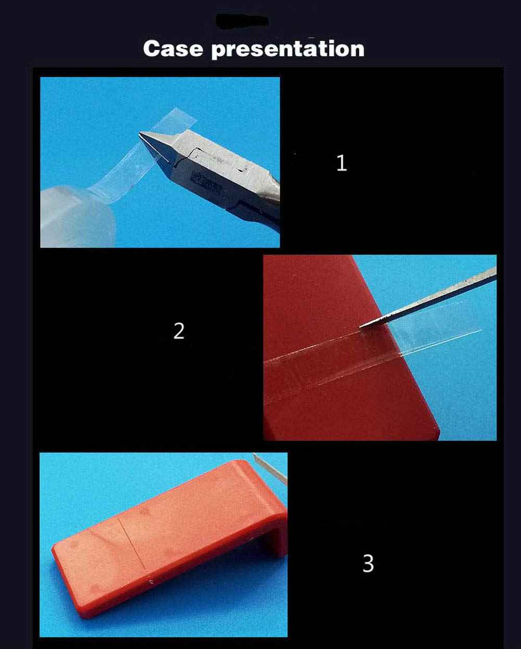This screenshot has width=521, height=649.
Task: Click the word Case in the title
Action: (173, 49)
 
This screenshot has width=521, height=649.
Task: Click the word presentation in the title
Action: (288, 49)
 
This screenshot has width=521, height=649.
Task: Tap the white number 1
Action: (341, 163)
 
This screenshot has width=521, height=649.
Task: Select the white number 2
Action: (179, 331)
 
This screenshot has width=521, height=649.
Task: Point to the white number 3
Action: (368, 563)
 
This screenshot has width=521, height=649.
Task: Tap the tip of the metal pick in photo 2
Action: (362, 326)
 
